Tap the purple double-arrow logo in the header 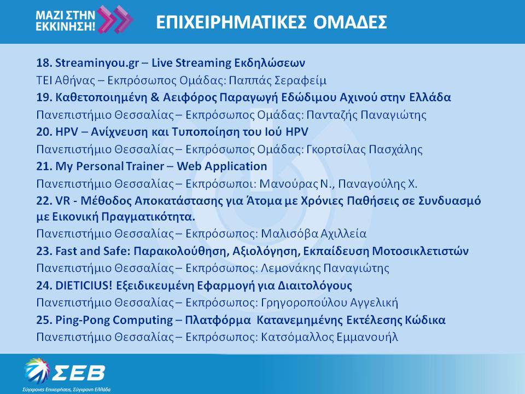click(115, 19)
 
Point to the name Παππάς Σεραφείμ click(278, 80)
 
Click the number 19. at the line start click(44, 97)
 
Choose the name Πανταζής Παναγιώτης click(366, 115)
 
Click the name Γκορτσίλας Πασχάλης click(365, 149)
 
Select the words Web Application click(221, 166)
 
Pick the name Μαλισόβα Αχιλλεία click(314, 234)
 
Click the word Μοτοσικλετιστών click(420, 251)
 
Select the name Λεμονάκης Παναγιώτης click(325, 268)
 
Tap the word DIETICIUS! click(84, 286)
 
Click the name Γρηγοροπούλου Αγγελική click(329, 303)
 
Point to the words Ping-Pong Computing click(114, 320)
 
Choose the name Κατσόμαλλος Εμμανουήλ click(329, 337)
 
